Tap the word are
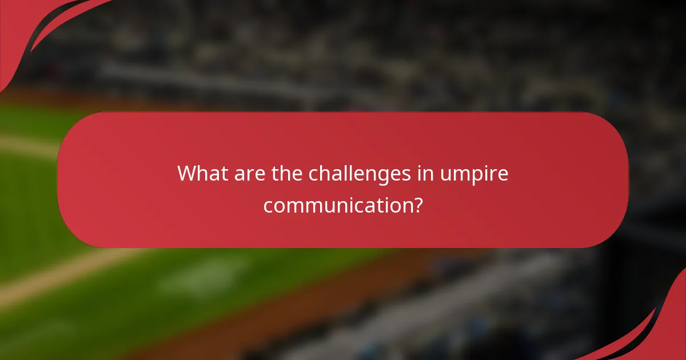[x=245, y=173]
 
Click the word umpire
[x=473, y=174]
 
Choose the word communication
[x=337, y=204]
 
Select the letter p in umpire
[x=477, y=176]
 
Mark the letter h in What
[x=201, y=173]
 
